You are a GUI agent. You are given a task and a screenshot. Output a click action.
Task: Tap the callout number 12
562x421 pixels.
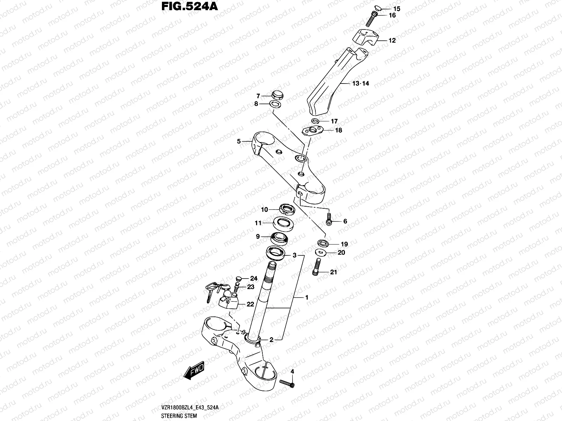(x=392, y=41)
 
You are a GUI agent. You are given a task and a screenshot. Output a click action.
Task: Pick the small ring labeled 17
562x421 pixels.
(x=315, y=121)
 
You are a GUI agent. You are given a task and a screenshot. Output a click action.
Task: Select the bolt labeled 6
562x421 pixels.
(x=329, y=219)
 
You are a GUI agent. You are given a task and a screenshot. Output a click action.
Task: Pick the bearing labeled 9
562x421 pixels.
(x=280, y=238)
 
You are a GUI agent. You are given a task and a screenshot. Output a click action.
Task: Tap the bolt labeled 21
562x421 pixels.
(x=316, y=267)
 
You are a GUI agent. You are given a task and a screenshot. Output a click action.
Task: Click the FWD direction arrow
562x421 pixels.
(x=194, y=379)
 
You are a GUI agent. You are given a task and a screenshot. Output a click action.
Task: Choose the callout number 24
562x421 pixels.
(x=254, y=279)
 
